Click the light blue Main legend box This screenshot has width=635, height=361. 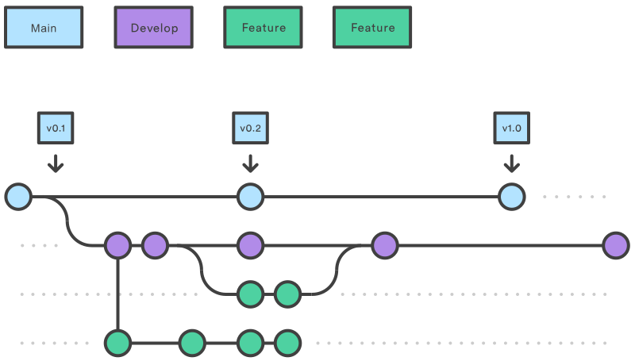[x=43, y=28]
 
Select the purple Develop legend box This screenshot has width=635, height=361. [x=153, y=28]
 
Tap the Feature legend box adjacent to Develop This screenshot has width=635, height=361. [x=263, y=28]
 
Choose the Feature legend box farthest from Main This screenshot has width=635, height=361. [x=372, y=28]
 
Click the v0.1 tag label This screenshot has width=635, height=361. [x=55, y=128]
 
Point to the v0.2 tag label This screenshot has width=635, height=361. [x=250, y=128]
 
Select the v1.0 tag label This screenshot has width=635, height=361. [x=512, y=128]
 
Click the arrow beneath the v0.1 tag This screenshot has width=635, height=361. [x=55, y=163]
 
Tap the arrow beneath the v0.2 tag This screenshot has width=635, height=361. [x=250, y=163]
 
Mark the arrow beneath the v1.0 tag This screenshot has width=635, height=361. [x=512, y=163]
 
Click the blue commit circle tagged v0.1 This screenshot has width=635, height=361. [x=18, y=196]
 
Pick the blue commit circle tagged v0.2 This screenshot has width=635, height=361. [x=250, y=196]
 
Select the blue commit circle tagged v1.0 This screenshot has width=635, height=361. [x=512, y=196]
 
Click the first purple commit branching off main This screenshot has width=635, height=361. [x=117, y=246]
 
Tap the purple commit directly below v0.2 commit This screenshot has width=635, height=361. [x=250, y=246]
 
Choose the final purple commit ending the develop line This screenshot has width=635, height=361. [x=615, y=246]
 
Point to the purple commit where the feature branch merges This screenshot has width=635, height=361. [x=385, y=246]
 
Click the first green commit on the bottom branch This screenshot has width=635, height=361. [x=117, y=344]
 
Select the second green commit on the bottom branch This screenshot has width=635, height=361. [x=192, y=344]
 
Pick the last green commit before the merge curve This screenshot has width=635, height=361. [x=287, y=294]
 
